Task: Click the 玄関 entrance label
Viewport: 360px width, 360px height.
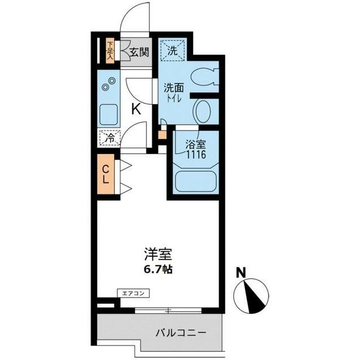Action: [x=139, y=53]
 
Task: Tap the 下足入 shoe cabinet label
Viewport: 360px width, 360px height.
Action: [x=111, y=52]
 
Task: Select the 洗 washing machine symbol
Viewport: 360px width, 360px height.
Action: [x=173, y=51]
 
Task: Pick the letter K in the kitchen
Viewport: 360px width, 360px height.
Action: [x=136, y=109]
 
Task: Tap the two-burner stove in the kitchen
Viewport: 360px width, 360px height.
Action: [x=109, y=86]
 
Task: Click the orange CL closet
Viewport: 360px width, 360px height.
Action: [x=106, y=174]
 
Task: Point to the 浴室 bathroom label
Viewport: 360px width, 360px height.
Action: [x=193, y=144]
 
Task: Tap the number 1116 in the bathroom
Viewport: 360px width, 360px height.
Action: [x=193, y=153]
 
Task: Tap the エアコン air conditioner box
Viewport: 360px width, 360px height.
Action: [x=133, y=292]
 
